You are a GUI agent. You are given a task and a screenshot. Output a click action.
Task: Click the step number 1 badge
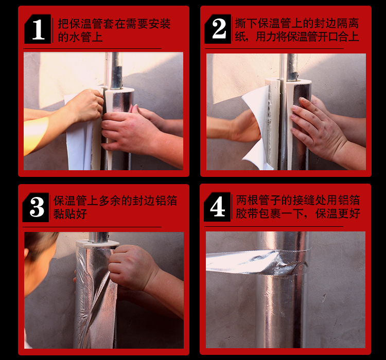pos(38,29)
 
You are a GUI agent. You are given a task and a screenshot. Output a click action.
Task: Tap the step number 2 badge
pos(218,29)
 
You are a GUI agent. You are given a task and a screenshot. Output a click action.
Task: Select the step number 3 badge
pos(36,207)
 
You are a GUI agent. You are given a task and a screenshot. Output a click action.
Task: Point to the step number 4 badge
pos(217,207)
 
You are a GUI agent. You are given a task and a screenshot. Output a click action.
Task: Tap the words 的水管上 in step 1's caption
pos(80,37)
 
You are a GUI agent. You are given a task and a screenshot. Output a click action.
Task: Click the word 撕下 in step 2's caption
pos(246,23)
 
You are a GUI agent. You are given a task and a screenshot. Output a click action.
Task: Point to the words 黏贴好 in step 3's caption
pos(70,213)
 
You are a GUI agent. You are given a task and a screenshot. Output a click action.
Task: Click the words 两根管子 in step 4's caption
pos(258,200)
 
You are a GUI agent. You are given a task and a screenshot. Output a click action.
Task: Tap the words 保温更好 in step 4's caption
pos(338,213)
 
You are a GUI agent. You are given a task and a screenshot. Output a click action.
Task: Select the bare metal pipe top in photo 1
pos(116,70)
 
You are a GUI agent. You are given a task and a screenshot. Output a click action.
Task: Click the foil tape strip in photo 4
pos(256,262)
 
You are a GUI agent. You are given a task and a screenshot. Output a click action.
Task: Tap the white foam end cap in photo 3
pos(97,244)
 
